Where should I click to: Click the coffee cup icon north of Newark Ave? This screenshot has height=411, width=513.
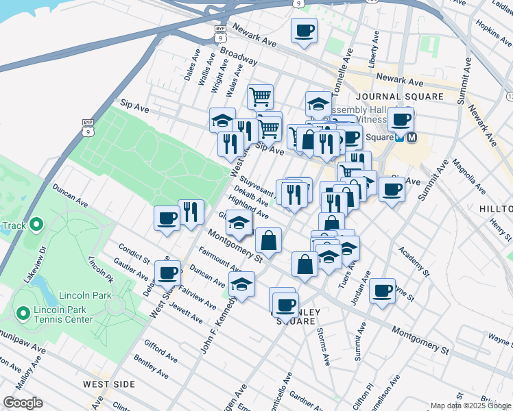pyautogui.click(x=304, y=30)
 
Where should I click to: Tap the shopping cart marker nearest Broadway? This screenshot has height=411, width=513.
pyautogui.click(x=260, y=97)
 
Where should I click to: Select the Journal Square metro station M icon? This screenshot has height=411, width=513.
pyautogui.click(x=411, y=137)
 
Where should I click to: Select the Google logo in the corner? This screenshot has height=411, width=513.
pyautogui.click(x=23, y=403)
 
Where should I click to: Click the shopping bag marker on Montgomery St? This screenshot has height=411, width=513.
pyautogui.click(x=268, y=240)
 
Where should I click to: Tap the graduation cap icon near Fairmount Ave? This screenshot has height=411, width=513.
pyautogui.click(x=241, y=284)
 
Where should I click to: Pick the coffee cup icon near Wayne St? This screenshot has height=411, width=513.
pyautogui.click(x=382, y=290)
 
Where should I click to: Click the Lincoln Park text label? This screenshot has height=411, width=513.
pyautogui.click(x=93, y=295)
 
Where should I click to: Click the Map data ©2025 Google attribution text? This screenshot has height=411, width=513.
pyautogui.click(x=470, y=406)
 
